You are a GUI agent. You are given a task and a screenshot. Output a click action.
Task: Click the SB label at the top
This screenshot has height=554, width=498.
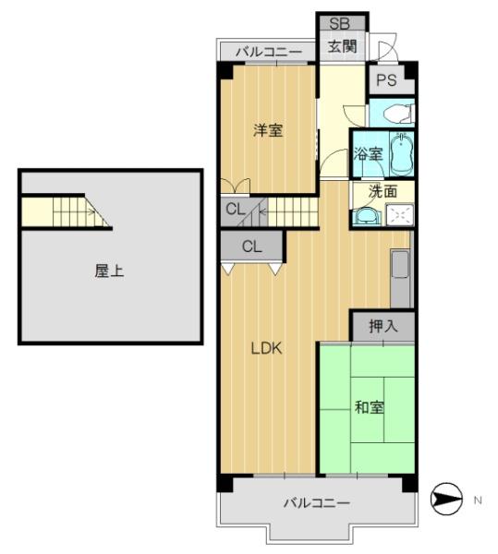click(340, 24)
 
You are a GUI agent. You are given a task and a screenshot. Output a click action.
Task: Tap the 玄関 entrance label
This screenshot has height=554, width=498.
click(342, 46)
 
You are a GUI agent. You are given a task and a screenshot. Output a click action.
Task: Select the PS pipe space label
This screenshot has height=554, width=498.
click(386, 80)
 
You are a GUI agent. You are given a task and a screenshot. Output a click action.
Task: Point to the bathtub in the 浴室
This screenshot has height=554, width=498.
click(402, 153)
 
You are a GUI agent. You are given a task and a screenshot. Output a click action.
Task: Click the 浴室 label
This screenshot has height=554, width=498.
click(369, 154)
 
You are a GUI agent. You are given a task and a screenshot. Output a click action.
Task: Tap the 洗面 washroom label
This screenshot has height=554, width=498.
click(383, 191)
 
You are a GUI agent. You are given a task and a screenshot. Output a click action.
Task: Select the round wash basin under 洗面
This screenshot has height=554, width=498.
click(367, 215)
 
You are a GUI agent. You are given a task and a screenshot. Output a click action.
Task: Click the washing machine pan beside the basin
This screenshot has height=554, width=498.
click(399, 214)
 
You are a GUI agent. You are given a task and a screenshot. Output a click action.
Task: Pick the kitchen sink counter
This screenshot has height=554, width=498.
click(400, 278)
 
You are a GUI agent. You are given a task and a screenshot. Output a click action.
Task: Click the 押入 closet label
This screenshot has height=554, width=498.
click(383, 326)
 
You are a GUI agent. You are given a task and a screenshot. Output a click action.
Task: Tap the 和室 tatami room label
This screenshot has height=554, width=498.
click(369, 407)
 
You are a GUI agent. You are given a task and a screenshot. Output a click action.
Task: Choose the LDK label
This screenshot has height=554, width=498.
click(266, 349)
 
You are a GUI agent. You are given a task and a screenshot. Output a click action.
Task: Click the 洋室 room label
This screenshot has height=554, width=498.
click(268, 130)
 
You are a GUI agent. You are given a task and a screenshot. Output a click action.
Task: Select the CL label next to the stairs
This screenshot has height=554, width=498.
click(236, 210)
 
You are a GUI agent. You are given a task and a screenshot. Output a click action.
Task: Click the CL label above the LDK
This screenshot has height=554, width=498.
click(252, 247)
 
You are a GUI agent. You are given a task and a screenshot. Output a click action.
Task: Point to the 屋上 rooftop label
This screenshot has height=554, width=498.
click(109, 271)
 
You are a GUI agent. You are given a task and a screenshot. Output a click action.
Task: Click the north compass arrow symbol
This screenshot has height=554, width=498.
click(446, 499)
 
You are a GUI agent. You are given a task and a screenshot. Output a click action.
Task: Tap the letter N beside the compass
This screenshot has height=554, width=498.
click(478, 500)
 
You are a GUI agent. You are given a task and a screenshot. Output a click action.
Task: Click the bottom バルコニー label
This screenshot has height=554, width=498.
click(317, 502)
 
